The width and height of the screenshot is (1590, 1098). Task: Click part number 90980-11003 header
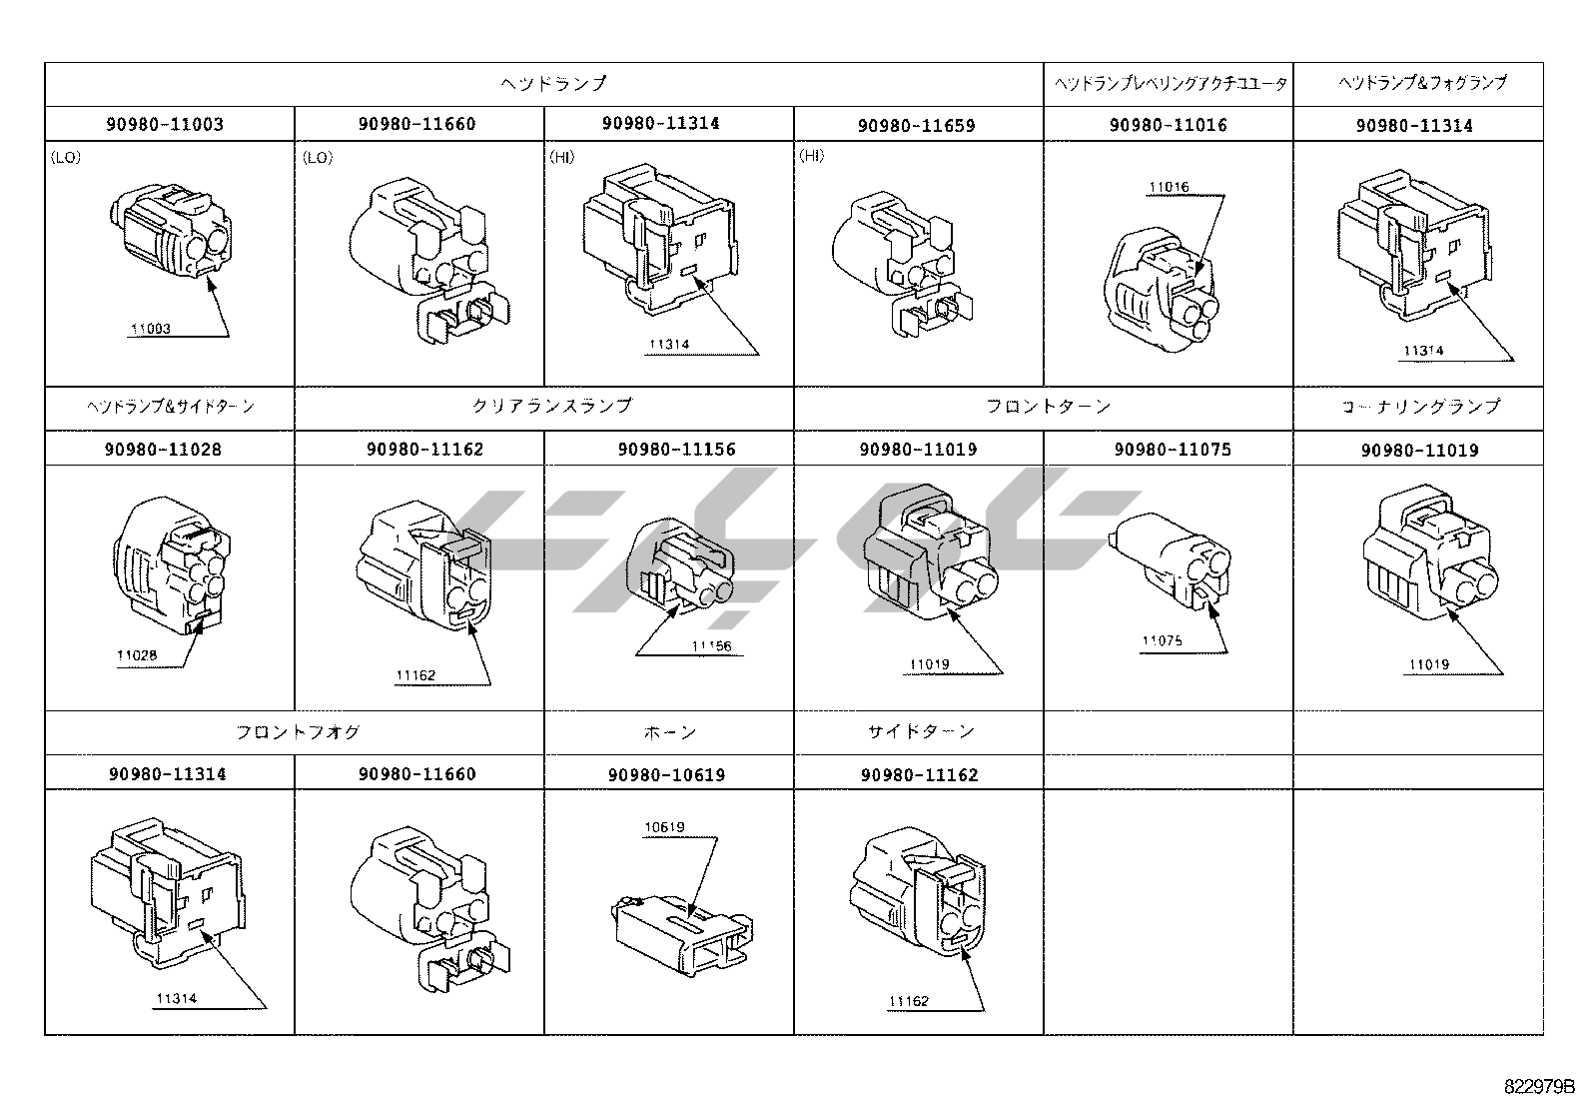(165, 125)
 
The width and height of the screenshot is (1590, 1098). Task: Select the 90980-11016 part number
(1168, 125)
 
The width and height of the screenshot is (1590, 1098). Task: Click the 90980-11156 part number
(677, 450)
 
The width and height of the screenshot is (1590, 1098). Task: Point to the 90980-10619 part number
(666, 774)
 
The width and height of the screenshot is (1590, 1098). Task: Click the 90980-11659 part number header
(916, 126)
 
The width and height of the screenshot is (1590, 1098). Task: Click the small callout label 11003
(151, 329)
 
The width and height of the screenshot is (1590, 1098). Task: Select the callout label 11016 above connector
(1169, 187)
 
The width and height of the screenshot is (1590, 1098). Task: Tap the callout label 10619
(664, 827)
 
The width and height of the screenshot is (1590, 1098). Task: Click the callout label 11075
(1163, 640)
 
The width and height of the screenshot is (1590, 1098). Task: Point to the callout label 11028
(137, 656)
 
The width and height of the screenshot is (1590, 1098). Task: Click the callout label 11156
(711, 646)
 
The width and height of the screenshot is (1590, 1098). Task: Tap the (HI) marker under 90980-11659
(812, 157)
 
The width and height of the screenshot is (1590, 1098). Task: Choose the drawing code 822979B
(1539, 1086)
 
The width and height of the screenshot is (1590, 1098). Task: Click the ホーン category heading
(670, 732)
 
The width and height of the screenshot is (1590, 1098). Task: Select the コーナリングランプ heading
(1419, 407)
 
